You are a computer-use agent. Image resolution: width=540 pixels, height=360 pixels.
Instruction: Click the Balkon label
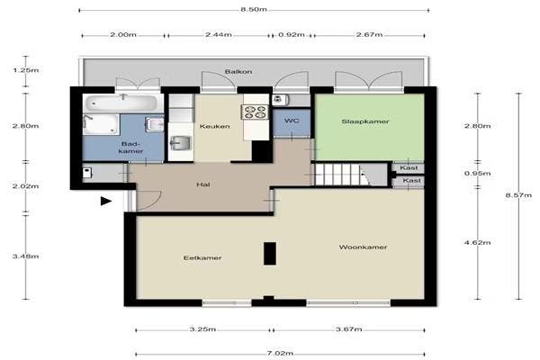point(238,70)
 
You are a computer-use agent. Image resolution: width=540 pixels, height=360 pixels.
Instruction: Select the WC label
point(291,120)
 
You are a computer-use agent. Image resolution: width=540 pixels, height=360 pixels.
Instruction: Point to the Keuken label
point(216,126)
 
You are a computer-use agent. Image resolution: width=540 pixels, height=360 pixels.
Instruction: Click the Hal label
point(204,185)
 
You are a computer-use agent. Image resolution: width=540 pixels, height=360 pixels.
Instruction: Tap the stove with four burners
point(254,112)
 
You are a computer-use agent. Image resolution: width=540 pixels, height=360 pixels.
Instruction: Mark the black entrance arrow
point(106,202)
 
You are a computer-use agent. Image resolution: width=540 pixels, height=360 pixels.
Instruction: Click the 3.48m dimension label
point(26,256)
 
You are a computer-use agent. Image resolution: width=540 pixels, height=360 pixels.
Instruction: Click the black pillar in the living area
point(268,254)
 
